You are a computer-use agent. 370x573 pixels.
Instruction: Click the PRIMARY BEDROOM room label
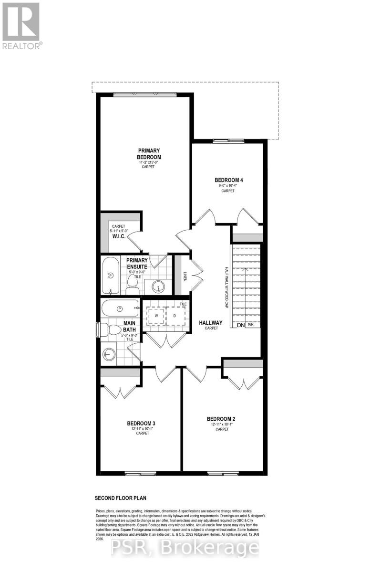[149, 154]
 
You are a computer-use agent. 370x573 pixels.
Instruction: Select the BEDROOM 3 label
[141, 423]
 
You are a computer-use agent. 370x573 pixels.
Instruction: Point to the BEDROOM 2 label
[221, 419]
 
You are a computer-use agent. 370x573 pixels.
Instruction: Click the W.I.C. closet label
[119, 236]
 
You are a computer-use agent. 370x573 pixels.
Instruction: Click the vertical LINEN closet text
[185, 276]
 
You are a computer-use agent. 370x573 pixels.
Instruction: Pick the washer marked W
[155, 316]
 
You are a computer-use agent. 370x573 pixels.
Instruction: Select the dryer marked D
[175, 316]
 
